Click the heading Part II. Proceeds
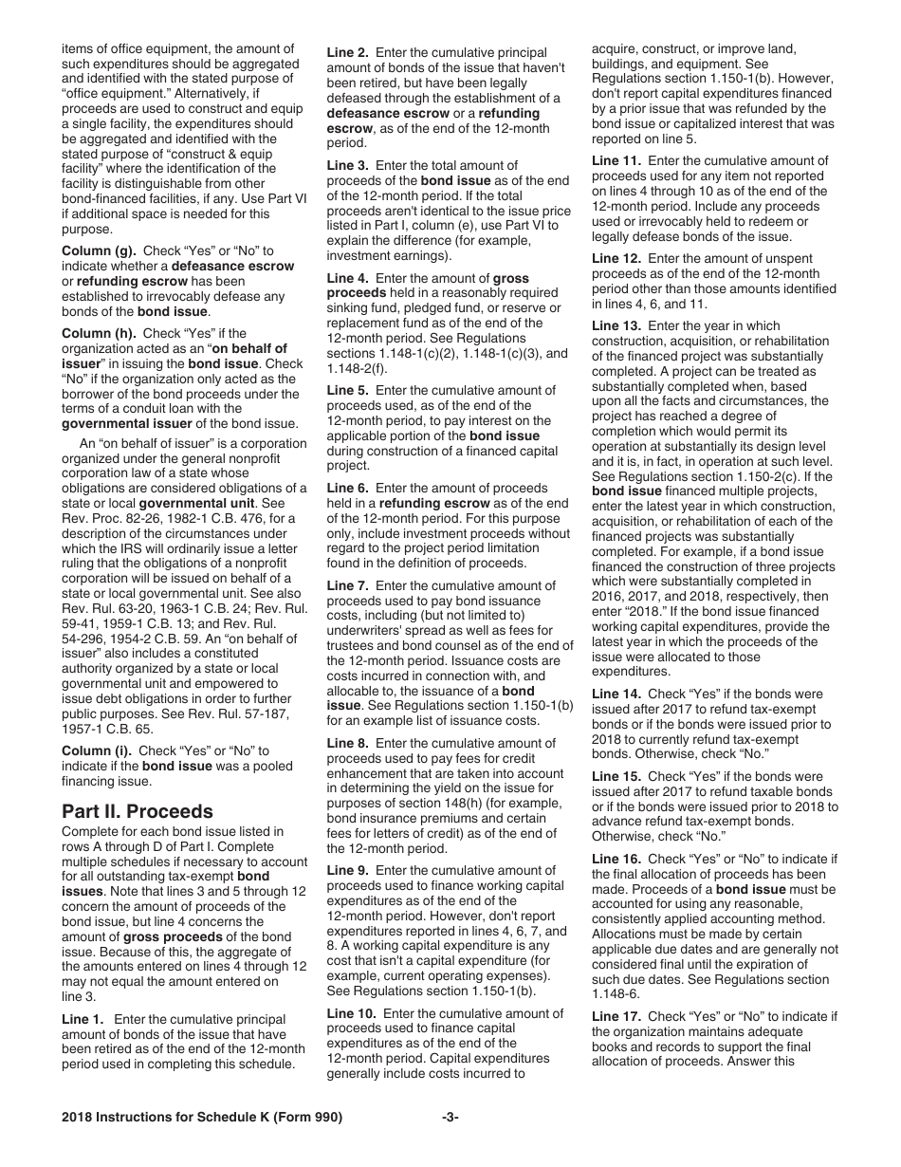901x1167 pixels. [138, 811]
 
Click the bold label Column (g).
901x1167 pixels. [100, 250]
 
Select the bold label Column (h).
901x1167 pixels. [100, 333]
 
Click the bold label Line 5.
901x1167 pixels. [347, 390]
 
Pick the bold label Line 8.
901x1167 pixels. [347, 743]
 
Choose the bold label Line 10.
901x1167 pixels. [351, 1013]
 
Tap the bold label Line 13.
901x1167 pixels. [616, 325]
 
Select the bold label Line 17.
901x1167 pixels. [616, 1016]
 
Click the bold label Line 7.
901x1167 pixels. [347, 586]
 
